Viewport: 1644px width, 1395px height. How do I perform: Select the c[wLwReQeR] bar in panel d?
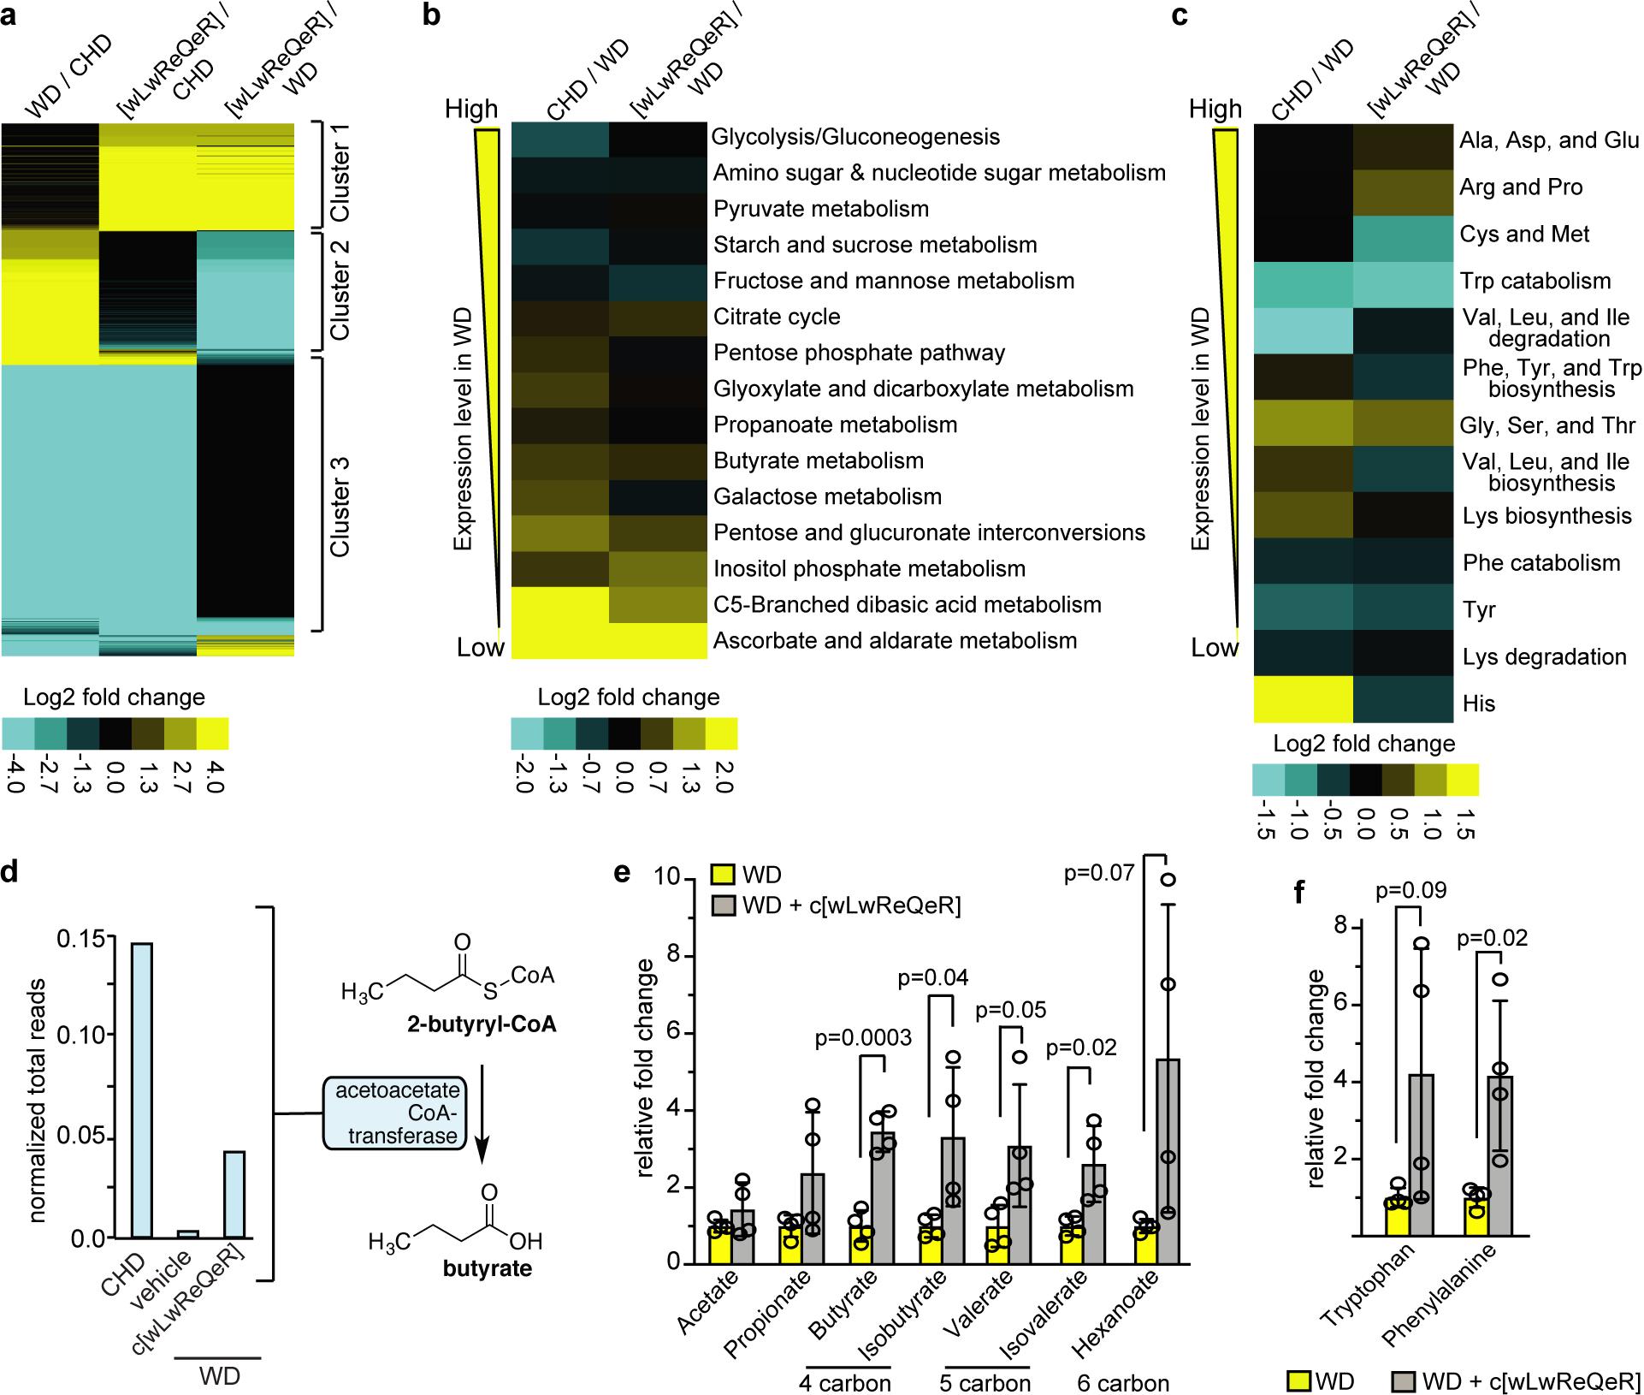tap(234, 1194)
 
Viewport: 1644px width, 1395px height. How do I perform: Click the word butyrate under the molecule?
tap(488, 1268)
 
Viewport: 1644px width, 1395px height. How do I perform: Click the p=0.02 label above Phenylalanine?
tap(1492, 939)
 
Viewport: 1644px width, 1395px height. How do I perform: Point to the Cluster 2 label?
tap(341, 291)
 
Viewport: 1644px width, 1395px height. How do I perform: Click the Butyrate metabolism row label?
tap(818, 460)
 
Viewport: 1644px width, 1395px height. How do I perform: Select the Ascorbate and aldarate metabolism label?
tap(895, 640)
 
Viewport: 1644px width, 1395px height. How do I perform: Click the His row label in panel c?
tap(1479, 703)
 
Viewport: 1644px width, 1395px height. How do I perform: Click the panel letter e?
tap(623, 873)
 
